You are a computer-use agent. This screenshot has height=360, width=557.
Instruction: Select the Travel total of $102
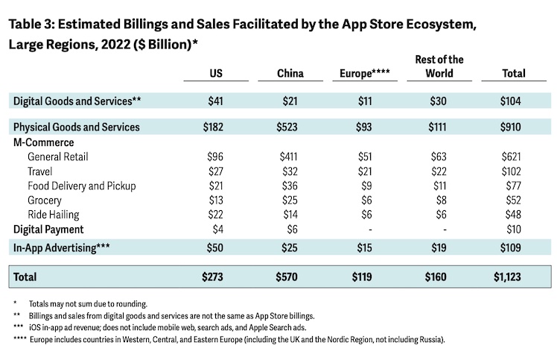[514, 171]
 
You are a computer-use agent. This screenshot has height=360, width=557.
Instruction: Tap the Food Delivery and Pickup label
[82, 186]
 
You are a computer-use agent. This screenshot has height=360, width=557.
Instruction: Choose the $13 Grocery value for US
[215, 200]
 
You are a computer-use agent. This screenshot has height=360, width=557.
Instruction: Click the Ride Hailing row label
[54, 215]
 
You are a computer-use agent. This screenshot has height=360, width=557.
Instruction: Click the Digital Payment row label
[48, 230]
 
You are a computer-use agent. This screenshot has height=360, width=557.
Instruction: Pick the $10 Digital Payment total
[514, 230]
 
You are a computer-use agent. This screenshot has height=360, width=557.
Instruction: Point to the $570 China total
[287, 277]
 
